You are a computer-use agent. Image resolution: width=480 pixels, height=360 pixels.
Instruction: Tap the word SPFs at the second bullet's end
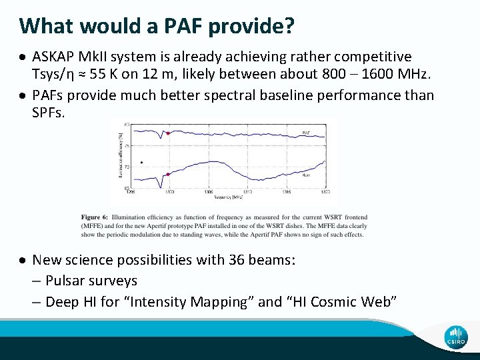pos(49,113)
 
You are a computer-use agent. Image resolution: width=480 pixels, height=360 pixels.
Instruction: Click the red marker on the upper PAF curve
pos(168,133)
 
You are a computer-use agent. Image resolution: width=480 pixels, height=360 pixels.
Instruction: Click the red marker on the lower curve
pos(168,175)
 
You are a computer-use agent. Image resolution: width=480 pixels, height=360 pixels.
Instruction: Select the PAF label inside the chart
pos(306,133)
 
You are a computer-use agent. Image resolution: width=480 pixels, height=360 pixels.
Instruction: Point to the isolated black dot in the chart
pos(141,162)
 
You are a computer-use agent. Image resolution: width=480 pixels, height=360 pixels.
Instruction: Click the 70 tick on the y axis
pos(127,166)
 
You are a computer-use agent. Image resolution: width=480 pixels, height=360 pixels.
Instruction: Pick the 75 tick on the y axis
pos(127,145)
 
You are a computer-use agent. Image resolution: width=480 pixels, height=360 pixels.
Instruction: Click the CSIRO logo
pos(456,337)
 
